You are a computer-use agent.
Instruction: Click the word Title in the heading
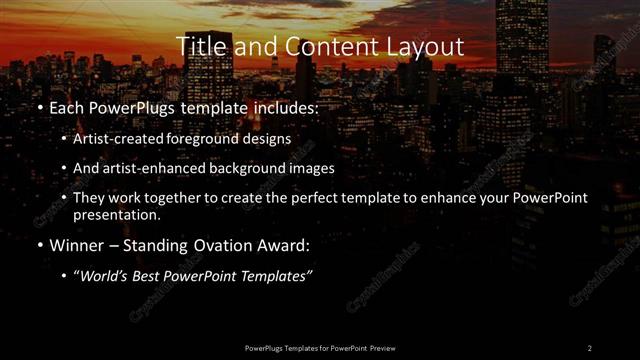coord(198,47)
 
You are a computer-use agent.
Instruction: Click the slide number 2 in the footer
coord(589,347)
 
